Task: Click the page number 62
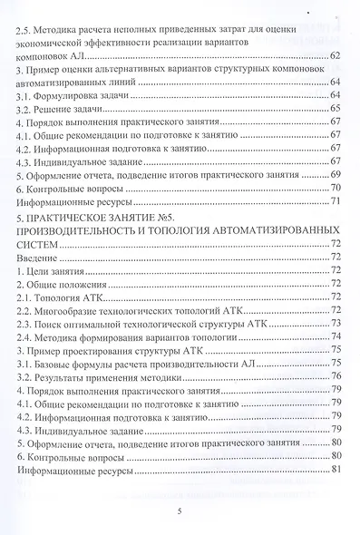[335, 57]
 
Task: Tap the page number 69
[335, 174]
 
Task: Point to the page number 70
[335, 188]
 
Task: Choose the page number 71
[335, 200]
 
